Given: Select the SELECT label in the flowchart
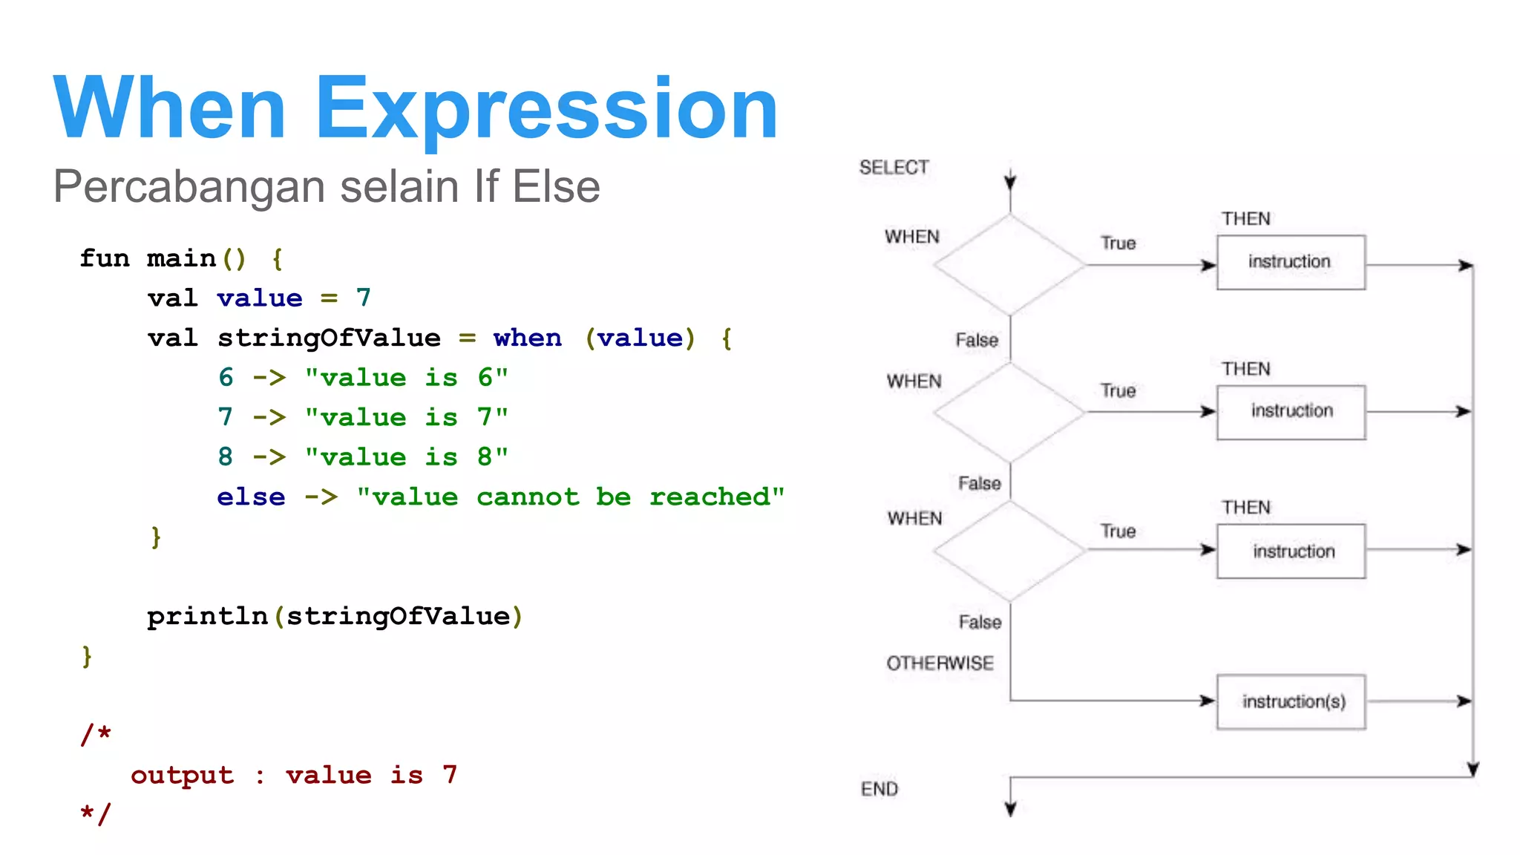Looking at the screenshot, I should pos(894,168).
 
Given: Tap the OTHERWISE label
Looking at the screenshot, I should pos(940,663).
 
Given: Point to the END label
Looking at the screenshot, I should pos(879,789).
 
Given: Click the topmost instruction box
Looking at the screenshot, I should pos(1290,262).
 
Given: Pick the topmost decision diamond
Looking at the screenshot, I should pos(1009,264).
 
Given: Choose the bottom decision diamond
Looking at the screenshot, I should pos(1009,551).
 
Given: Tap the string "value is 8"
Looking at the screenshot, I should pos(407,457).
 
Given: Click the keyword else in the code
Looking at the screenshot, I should pos(251,497).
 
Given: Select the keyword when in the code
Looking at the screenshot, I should pos(528,338).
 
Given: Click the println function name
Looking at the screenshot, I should pos(207,616).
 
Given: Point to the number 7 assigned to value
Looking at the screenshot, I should pos(363,298).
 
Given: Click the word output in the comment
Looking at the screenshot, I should pos(182,775).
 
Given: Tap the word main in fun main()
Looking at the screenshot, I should pos(181,258).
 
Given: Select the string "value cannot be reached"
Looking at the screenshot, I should pos(570,497).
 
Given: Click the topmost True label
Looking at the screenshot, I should pos(1118,243).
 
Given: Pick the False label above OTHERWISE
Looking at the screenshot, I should pos(980,622).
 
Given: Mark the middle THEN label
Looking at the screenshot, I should pos(1246,369).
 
